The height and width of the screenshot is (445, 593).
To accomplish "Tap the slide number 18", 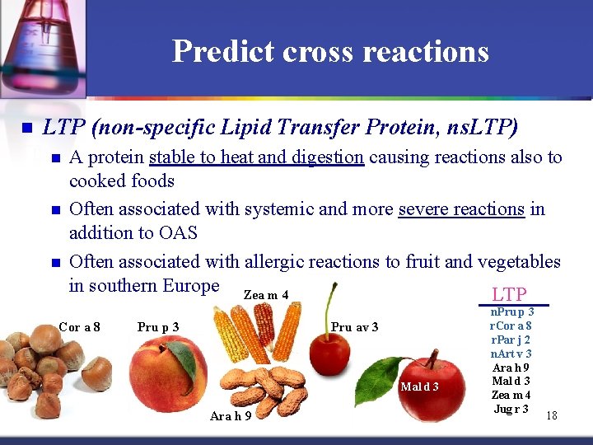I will (551, 416).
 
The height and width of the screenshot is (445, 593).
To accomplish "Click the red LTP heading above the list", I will (509, 294).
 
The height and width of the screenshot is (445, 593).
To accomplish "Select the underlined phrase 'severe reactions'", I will (461, 209).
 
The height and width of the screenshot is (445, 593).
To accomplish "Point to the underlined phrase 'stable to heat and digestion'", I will (256, 157).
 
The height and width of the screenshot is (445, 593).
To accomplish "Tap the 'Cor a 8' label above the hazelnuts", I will (80, 327).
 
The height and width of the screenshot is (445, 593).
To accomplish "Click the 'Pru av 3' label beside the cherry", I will (354, 328).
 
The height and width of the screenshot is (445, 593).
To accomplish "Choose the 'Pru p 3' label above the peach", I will (158, 327).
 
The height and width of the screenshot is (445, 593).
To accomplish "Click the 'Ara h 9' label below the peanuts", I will (231, 416).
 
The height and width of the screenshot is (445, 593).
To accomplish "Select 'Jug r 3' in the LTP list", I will (511, 409).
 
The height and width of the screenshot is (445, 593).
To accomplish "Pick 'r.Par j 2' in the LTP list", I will (511, 340).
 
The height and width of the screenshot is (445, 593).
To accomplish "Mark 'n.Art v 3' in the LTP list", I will (511, 354).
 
